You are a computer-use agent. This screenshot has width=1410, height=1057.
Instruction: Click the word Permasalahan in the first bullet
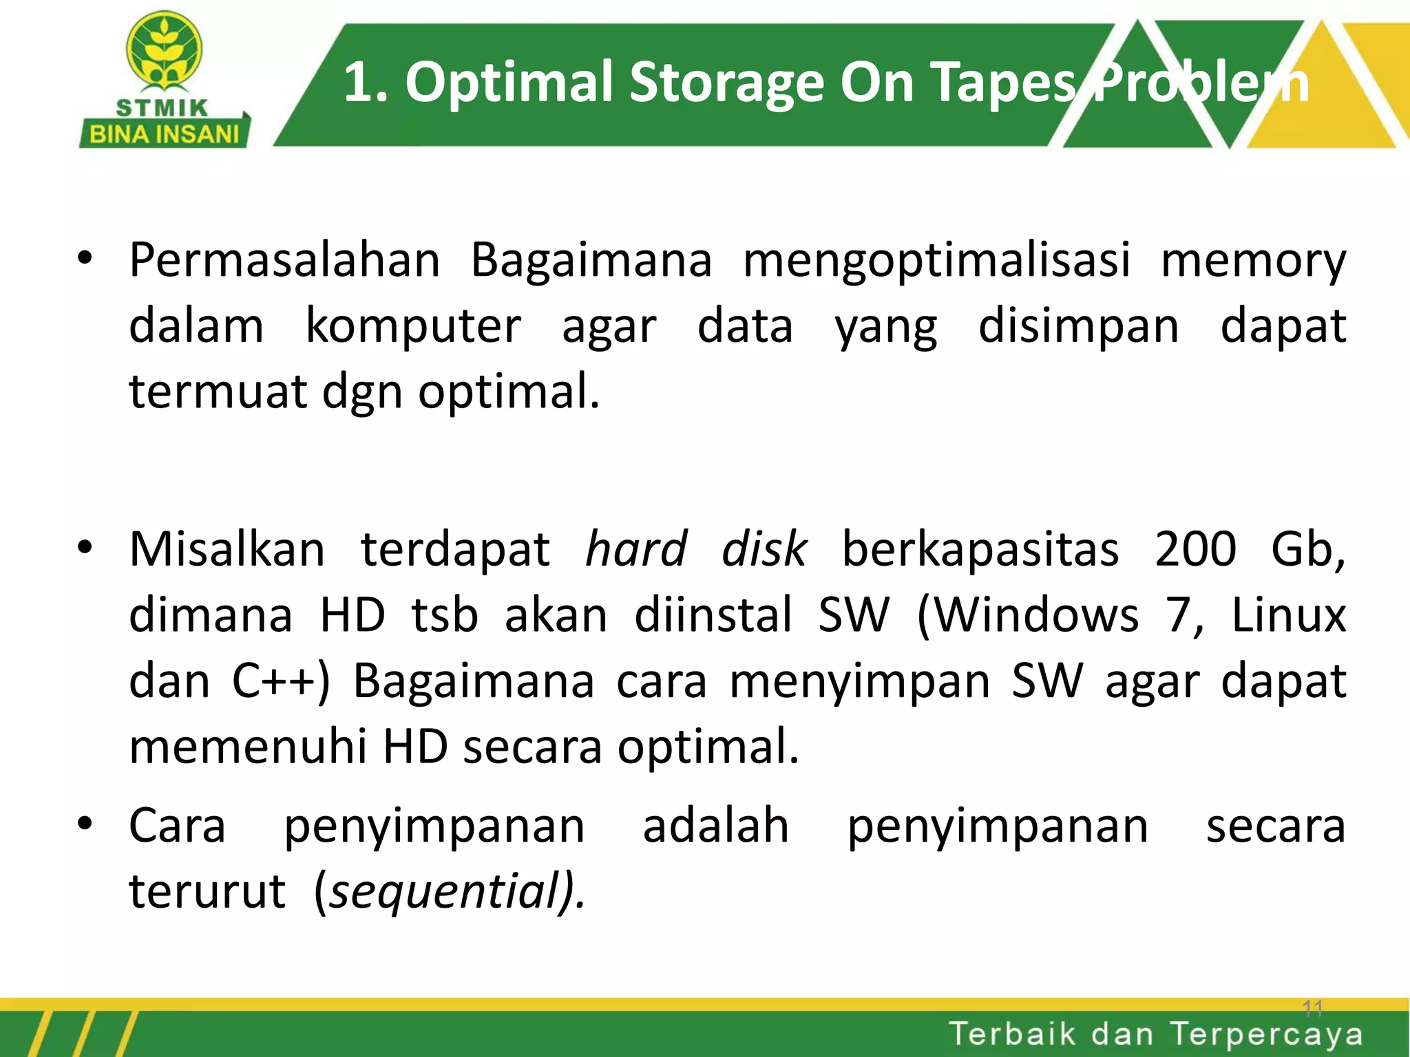[284, 261]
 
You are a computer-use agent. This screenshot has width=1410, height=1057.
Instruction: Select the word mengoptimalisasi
[937, 262]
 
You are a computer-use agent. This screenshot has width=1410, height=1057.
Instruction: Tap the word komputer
[413, 326]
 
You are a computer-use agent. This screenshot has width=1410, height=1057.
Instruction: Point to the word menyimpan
[860, 682]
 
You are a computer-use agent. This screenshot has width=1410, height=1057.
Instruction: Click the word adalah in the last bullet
[715, 826]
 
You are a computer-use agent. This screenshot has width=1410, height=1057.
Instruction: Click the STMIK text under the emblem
[162, 108]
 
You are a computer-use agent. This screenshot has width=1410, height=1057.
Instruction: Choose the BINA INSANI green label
[165, 134]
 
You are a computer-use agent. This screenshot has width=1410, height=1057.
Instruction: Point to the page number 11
[1312, 1009]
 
